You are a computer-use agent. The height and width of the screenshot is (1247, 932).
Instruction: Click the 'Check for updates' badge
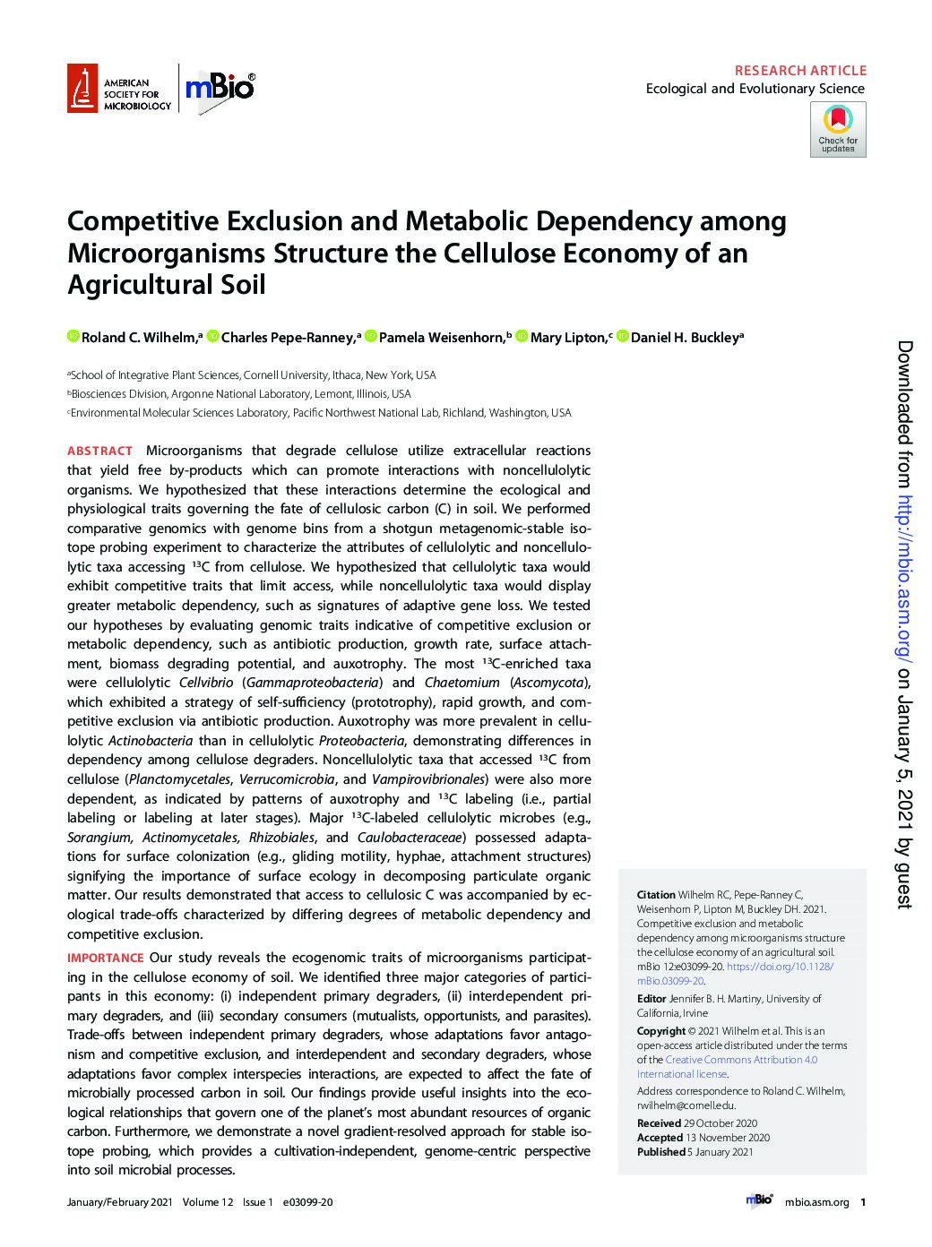click(x=838, y=129)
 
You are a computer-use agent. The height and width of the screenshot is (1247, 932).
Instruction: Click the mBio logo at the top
click(x=220, y=88)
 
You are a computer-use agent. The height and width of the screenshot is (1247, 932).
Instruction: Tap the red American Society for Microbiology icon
click(x=82, y=89)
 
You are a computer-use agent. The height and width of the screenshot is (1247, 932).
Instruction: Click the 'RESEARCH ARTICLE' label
click(x=800, y=70)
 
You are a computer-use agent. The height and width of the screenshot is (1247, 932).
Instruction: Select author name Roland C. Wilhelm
click(x=136, y=338)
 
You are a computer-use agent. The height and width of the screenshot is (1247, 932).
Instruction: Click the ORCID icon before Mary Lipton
click(x=522, y=337)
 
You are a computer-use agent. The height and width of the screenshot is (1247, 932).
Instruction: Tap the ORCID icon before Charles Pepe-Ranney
click(x=212, y=337)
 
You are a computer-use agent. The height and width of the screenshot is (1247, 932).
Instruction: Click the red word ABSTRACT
click(x=99, y=451)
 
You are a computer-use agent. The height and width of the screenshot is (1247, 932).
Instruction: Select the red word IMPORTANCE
click(x=105, y=958)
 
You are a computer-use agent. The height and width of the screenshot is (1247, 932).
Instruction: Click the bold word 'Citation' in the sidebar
click(x=655, y=894)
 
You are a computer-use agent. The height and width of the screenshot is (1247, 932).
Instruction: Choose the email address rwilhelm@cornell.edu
click(x=686, y=1105)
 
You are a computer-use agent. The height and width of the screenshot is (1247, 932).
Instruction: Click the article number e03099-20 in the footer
click(x=307, y=1202)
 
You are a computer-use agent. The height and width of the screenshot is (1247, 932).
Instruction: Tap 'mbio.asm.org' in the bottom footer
click(x=815, y=1202)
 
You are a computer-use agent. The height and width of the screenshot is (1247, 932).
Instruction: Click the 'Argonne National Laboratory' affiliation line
click(x=239, y=394)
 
